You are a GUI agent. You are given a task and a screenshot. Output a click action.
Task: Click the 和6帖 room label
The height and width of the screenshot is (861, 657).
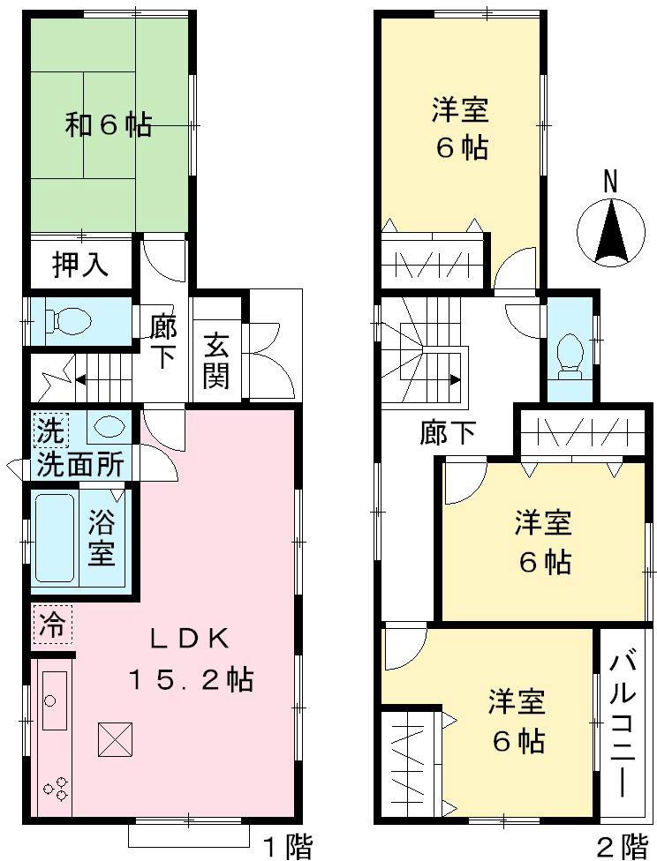(x=108, y=125)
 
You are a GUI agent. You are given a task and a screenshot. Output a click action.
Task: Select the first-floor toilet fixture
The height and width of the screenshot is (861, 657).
(x=70, y=320)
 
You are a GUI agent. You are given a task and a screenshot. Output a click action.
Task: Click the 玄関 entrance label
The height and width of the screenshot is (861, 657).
(x=216, y=360)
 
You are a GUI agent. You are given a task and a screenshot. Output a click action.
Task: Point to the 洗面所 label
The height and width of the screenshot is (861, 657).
(x=79, y=464)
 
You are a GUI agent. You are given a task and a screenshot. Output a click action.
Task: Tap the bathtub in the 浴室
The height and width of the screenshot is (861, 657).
(x=56, y=538)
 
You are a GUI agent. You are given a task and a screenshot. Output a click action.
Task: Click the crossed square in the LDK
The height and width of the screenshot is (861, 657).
(x=116, y=738)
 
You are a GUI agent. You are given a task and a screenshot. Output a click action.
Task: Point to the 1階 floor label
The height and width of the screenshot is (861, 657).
(x=288, y=848)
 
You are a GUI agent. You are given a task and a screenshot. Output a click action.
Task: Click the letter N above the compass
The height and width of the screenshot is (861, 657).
(x=610, y=182)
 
